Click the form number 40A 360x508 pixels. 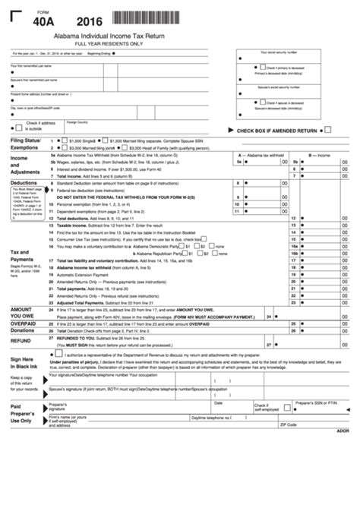pos(37,24)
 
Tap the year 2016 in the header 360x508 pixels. pos(84,24)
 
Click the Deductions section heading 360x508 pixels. pos(24,183)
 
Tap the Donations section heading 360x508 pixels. pos(23,331)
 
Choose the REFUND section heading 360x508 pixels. pos(21,342)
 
